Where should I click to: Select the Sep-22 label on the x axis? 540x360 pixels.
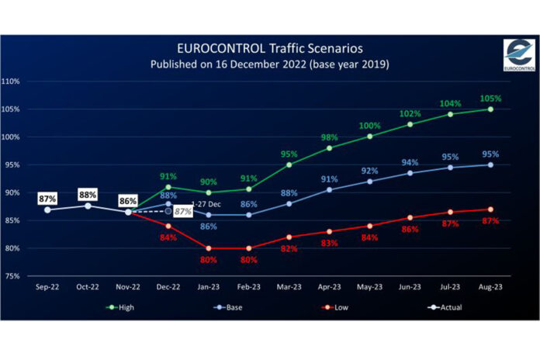click(x=47, y=286)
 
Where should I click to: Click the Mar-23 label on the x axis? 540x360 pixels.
click(x=289, y=286)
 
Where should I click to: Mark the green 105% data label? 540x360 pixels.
click(x=490, y=99)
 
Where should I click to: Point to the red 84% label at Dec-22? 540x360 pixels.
click(x=168, y=237)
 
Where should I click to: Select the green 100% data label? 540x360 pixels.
click(x=369, y=126)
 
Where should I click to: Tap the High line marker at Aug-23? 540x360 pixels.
click(x=490, y=109)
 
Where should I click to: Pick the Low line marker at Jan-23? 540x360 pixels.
click(x=208, y=248)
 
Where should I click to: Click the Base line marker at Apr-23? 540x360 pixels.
click(x=329, y=189)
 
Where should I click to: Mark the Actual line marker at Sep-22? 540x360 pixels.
click(x=47, y=209)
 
